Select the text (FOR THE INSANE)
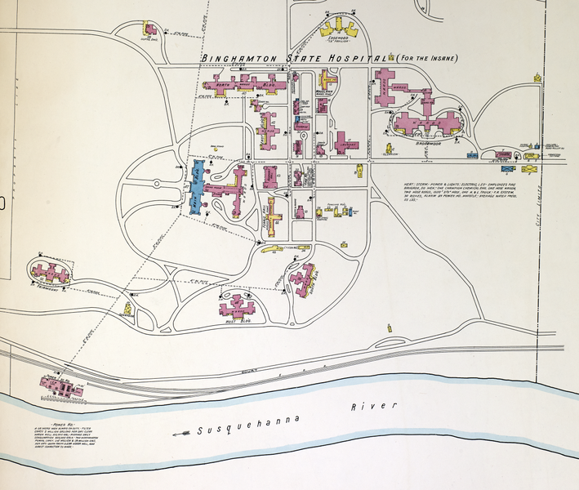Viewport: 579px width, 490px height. [x=427, y=58]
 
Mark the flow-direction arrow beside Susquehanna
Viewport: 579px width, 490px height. [x=181, y=434]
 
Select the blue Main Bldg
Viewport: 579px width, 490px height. [x=198, y=187]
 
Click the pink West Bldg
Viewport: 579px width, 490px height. [x=238, y=308]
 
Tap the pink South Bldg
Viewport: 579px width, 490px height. [x=307, y=278]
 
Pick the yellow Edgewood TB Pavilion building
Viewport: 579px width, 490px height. [x=338, y=27]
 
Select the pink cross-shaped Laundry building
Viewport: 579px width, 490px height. [x=346, y=144]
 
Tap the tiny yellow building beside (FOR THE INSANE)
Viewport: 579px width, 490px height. [x=538, y=78]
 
